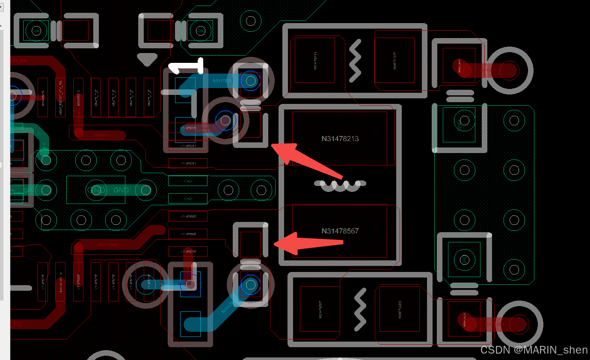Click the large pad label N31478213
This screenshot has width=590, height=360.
coord(340,139)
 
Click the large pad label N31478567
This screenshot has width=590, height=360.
coord(340,231)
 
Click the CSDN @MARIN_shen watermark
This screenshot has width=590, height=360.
coord(534,350)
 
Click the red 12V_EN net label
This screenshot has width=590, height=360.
coord(19,61)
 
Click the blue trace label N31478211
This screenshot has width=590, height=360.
coord(222,80)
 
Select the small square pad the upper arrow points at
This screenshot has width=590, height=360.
coord(250,125)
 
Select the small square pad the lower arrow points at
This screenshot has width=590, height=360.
coord(250,244)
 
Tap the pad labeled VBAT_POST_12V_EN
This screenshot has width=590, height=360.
coord(60,97)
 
